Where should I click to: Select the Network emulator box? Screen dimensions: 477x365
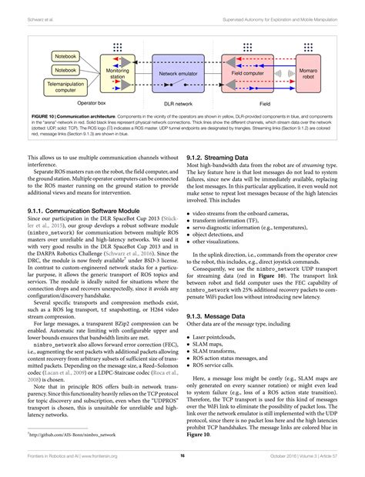click(x=174, y=74)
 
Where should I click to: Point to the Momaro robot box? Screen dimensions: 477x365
click(x=310, y=74)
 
